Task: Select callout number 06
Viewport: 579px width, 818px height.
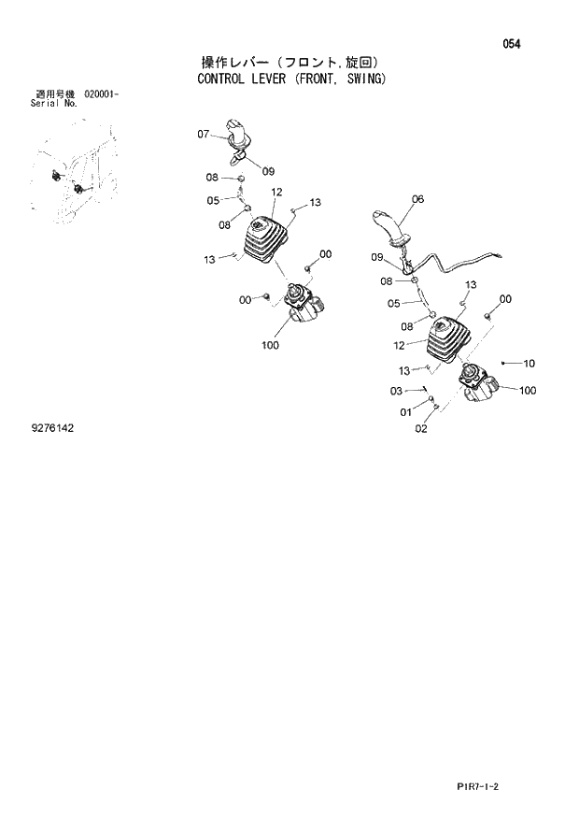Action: (417, 199)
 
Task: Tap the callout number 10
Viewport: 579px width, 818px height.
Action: (529, 364)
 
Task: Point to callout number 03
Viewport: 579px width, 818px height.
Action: (396, 391)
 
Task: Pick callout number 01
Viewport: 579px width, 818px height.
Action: (405, 411)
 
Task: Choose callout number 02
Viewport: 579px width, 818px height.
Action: (420, 429)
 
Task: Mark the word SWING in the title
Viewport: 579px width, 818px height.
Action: (361, 79)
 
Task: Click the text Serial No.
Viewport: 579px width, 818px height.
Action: (54, 104)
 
